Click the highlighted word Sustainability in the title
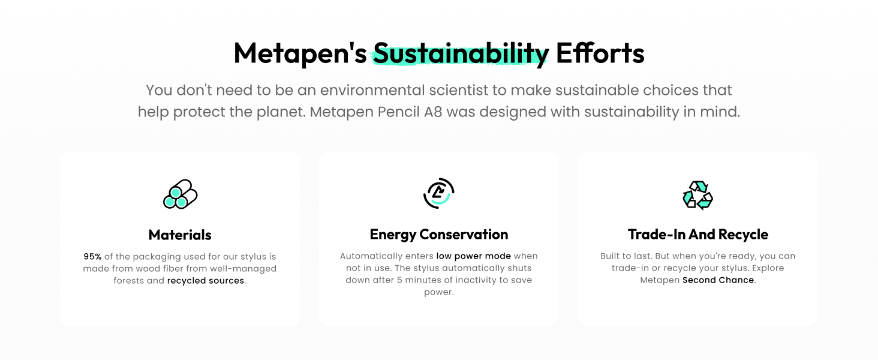[x=461, y=54]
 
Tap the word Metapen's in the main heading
[x=300, y=53]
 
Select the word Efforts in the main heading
[x=600, y=53]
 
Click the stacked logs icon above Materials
[x=181, y=194]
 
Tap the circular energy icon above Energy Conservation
[x=438, y=193]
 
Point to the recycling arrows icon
[x=697, y=195]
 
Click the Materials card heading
[x=180, y=235]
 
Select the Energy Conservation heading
[x=439, y=235]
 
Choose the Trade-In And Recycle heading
[x=698, y=235]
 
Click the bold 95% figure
[x=92, y=256]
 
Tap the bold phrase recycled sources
[x=206, y=281]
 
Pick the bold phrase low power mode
[x=474, y=256]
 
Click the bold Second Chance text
[x=718, y=280]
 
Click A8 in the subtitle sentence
[x=433, y=112]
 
